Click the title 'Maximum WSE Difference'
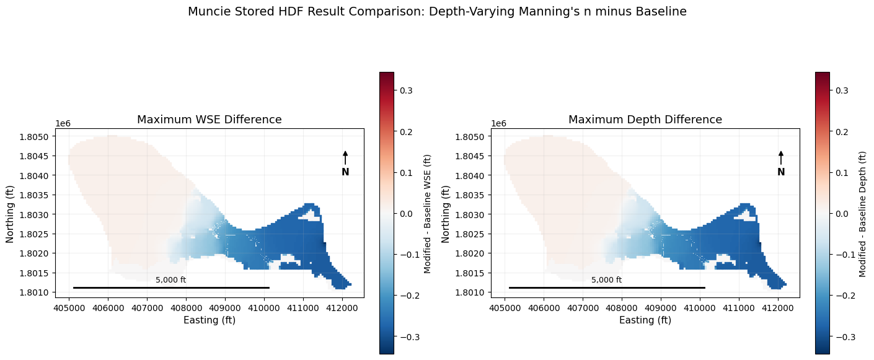coord(209,120)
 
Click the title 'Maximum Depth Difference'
coord(645,120)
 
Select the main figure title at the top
coord(437,11)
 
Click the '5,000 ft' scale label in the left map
coord(171,279)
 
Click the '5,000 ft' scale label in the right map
coord(607,279)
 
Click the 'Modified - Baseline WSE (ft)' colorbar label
coord(427,214)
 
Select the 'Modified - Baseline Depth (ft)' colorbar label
coord(863,214)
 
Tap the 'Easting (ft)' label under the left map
coord(210,320)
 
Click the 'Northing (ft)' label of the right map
coord(445,214)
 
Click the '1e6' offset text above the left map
coord(63,124)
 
